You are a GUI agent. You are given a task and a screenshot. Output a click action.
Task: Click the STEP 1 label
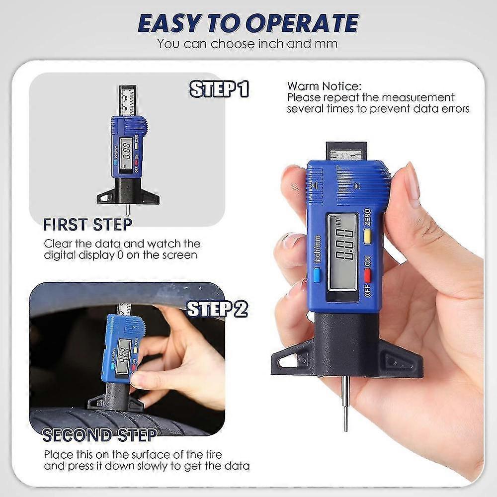pyautogui.click(x=219, y=89)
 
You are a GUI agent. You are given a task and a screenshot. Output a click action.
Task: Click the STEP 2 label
pyautogui.click(x=217, y=309)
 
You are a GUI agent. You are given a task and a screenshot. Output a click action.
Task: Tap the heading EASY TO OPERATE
pyautogui.click(x=248, y=23)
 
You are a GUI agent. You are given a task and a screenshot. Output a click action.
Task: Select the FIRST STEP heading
pyautogui.click(x=87, y=225)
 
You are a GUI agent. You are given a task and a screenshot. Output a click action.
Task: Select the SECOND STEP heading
pyautogui.click(x=99, y=435)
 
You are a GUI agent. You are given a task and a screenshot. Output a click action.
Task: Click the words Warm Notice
pyautogui.click(x=325, y=86)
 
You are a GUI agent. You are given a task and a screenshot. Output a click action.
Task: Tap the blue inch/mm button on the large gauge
pyautogui.click(x=317, y=274)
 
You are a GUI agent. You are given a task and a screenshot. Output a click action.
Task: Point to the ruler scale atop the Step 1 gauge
pyautogui.click(x=128, y=99)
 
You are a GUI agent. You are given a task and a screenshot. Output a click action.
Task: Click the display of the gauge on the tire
pyautogui.click(x=123, y=356)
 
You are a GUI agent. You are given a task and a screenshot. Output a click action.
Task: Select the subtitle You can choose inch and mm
pyautogui.click(x=247, y=43)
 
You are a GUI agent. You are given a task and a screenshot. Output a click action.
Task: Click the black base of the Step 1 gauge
pyautogui.click(x=128, y=193)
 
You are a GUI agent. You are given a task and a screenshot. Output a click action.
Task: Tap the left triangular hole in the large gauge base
pyautogui.click(x=288, y=361)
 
